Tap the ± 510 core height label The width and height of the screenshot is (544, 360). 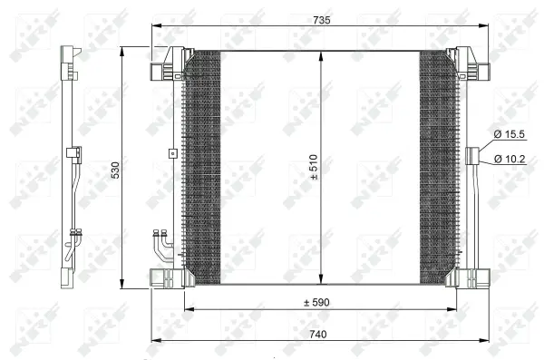313,169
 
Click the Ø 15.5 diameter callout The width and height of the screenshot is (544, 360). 510,134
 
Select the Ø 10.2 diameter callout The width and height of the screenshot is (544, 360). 510,160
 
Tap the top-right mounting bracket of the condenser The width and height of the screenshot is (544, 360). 472,66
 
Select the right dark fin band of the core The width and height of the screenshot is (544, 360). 437,168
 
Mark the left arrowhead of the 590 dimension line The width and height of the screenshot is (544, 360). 188,310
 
